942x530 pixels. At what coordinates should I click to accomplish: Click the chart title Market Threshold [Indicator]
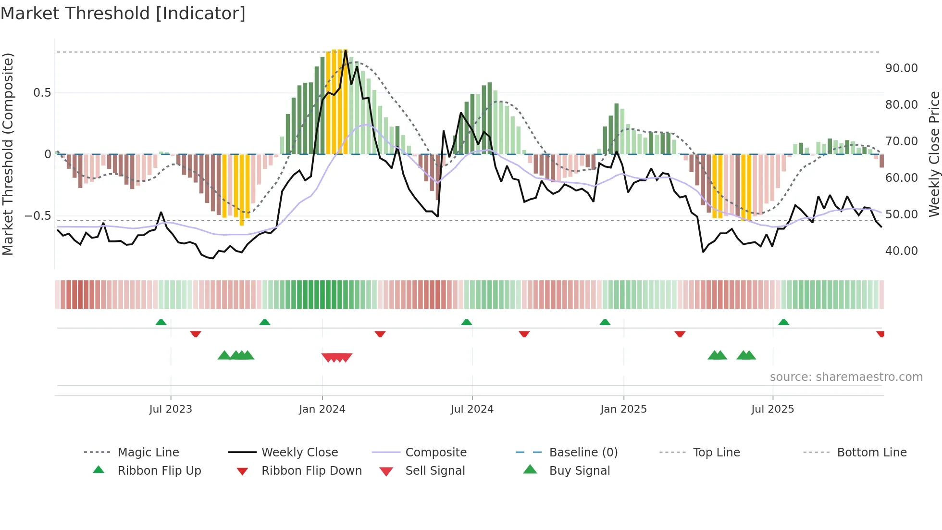coord(123,13)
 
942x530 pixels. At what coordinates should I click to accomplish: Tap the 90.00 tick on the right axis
coord(901,68)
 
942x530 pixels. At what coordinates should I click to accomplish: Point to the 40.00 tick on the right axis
coord(901,251)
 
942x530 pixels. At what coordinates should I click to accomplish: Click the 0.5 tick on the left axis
coord(42,93)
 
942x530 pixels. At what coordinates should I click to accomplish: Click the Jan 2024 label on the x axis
coord(322,409)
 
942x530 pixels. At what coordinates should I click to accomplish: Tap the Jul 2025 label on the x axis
coord(772,409)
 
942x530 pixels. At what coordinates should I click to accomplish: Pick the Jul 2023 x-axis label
coord(171,409)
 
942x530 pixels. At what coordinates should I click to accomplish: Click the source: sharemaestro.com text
coord(846,377)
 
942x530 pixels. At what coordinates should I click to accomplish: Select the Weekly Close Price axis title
coord(934,154)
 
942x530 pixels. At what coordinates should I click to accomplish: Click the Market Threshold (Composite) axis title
coord(8,154)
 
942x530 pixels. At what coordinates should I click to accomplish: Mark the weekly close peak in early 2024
coord(346,51)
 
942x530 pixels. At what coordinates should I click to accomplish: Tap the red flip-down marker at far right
coord(880,334)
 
